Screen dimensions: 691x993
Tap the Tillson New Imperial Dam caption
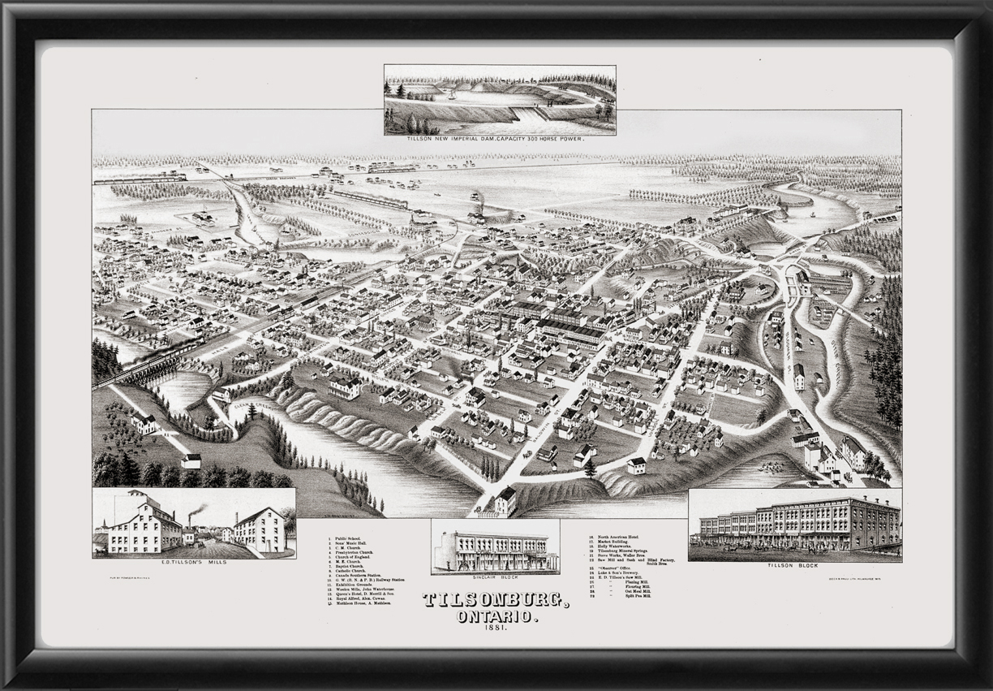click(x=500, y=140)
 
